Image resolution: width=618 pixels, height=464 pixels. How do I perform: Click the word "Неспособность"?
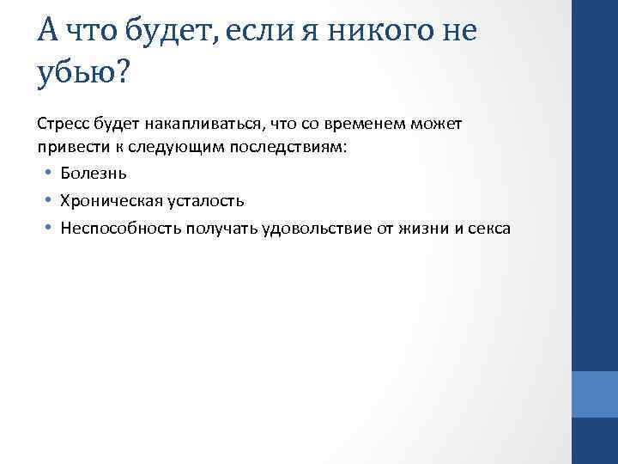pyautogui.click(x=116, y=228)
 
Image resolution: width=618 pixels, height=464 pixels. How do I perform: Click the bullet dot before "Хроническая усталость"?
pyautogui.click(x=51, y=200)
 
